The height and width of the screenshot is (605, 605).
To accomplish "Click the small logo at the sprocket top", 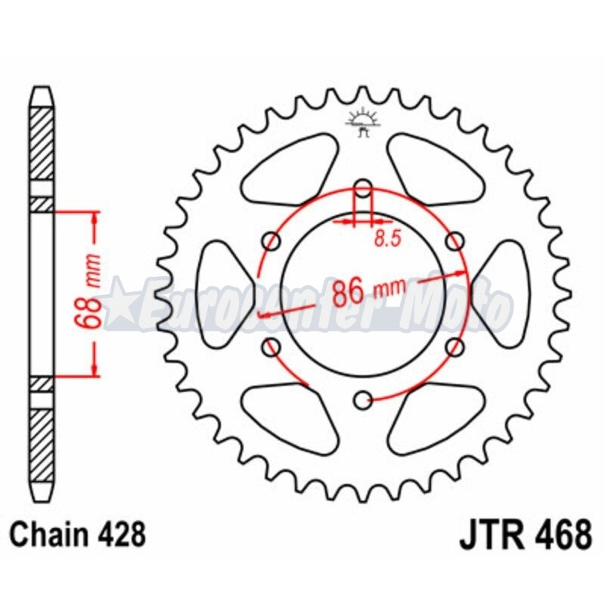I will pos(361,122).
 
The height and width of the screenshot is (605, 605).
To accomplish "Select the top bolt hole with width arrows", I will pos(363,188).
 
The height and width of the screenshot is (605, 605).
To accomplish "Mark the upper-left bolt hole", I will pos(271,240).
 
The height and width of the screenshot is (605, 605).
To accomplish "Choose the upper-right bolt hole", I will pos(455,240).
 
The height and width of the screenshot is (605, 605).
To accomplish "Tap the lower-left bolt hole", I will pos(271,346).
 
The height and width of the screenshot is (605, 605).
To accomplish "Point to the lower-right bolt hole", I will pos(455,346).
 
